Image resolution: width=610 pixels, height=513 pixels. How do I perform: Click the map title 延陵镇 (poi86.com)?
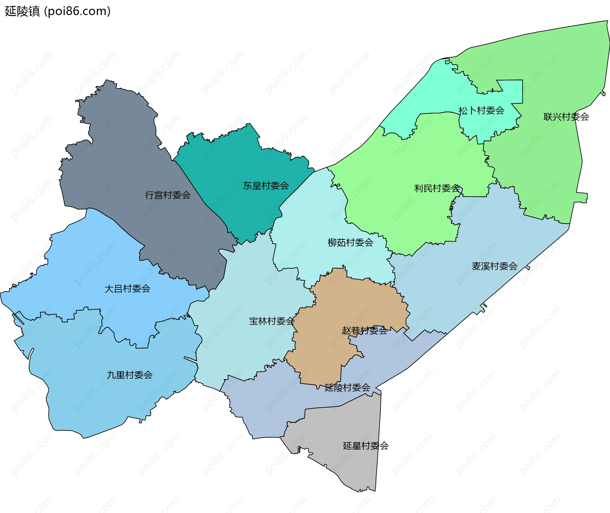point(58,11)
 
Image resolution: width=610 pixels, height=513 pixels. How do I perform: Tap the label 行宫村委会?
point(168,195)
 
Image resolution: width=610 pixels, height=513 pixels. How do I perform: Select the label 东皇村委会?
point(266,186)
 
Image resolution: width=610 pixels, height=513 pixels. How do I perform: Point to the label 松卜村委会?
point(481,111)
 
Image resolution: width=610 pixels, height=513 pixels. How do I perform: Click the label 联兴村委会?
point(566,117)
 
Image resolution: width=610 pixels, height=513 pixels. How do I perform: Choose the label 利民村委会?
point(437,188)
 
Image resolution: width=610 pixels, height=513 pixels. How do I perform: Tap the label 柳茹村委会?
point(350,243)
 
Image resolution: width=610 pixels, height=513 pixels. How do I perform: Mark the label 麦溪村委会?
point(495,266)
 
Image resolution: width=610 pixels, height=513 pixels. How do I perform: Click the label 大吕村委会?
point(127,289)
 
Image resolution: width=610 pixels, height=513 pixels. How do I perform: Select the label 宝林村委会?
point(272,321)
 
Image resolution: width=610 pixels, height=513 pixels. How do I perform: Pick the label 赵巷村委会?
point(365,331)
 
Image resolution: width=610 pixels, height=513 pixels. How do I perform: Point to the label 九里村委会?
point(130,375)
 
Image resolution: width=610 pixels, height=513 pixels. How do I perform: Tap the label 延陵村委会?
point(347,388)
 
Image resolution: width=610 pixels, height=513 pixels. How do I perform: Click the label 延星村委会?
point(366,446)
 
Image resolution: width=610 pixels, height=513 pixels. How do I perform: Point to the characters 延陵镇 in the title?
point(22,11)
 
